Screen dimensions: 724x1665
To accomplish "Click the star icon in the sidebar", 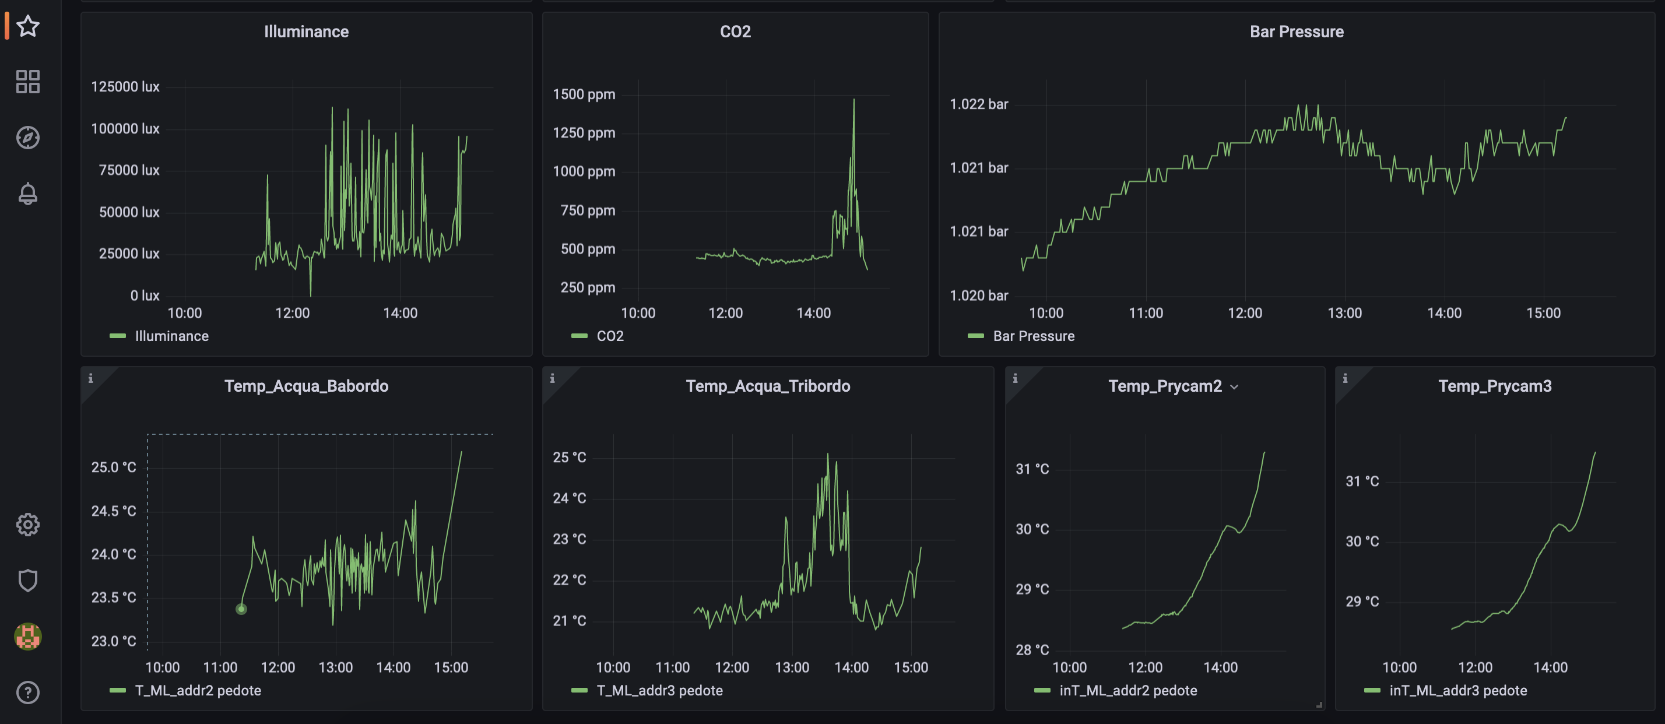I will click(28, 26).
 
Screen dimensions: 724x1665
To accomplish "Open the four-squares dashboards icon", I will click(28, 82).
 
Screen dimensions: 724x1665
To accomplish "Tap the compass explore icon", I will click(28, 138).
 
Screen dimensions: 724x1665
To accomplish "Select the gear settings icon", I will click(28, 524).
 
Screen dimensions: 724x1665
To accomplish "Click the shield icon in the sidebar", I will click(28, 580).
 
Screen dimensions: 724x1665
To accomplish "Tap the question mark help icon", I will click(28, 693).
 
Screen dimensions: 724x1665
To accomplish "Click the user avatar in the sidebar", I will click(28, 636).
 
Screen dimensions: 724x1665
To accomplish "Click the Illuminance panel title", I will click(307, 31).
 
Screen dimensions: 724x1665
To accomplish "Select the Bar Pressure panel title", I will click(1297, 31).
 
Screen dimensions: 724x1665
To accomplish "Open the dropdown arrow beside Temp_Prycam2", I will click(1235, 386).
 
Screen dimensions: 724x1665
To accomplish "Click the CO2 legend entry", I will click(610, 336).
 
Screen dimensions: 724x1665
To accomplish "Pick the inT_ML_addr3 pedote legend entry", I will click(1457, 690).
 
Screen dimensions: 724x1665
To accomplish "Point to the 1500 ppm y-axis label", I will click(584, 94).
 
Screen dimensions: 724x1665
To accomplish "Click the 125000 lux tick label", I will click(125, 87).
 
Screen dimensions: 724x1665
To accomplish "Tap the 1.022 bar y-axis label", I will click(979, 104).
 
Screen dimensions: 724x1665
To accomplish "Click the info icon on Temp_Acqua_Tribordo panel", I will click(553, 378).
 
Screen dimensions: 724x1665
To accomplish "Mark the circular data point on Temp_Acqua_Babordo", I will click(241, 609).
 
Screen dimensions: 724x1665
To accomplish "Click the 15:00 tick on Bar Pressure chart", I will click(1544, 313).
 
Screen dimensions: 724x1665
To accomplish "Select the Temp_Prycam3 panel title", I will click(1494, 386).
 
